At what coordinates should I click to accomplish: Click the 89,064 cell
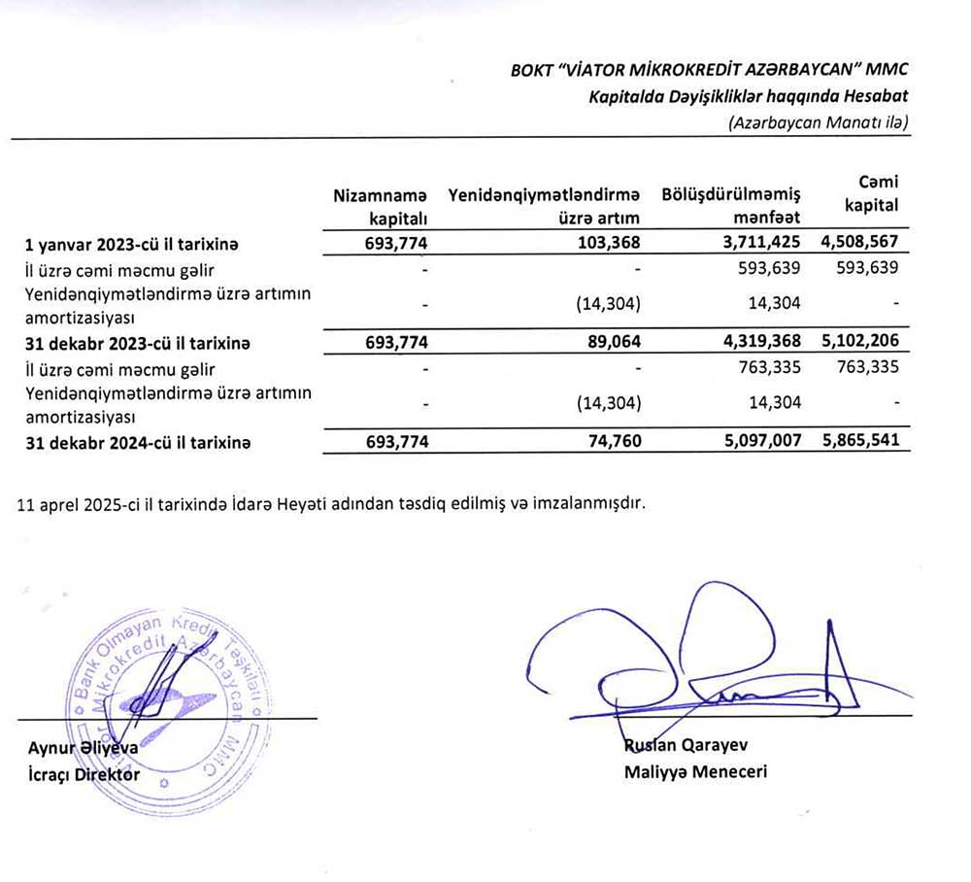609,342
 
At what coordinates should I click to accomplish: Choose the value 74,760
609,441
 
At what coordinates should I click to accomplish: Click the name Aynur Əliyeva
84,749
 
